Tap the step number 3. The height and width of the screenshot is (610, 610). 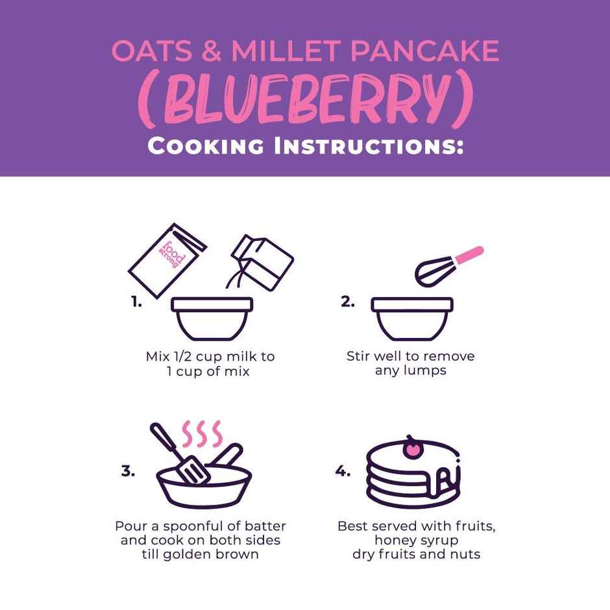(128, 472)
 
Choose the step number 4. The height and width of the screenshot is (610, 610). (343, 472)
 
